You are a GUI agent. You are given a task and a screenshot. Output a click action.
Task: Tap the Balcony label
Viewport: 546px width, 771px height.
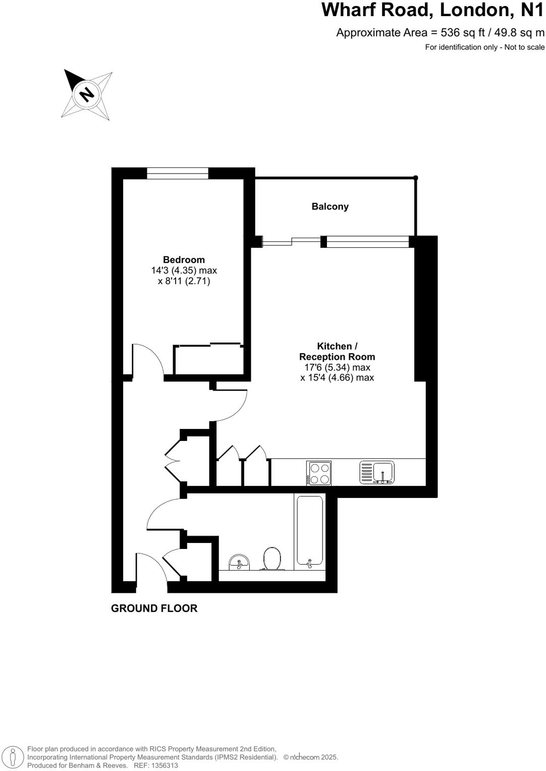[330, 206]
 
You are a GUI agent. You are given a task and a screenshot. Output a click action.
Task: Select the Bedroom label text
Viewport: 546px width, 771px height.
[184, 260]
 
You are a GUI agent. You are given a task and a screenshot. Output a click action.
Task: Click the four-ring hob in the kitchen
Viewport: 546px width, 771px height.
[318, 473]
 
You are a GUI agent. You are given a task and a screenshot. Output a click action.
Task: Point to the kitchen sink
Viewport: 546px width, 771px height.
[377, 473]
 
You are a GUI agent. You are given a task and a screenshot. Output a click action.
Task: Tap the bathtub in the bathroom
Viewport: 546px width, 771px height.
[309, 531]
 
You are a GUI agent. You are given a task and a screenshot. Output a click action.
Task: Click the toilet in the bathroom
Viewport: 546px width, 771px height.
[272, 558]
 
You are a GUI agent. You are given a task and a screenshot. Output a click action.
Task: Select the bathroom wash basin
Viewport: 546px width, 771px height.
[239, 562]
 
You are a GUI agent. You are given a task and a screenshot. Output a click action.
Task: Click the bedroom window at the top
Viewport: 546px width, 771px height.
[178, 173]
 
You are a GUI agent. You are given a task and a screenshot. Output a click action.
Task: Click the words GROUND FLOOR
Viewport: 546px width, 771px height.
[154, 609]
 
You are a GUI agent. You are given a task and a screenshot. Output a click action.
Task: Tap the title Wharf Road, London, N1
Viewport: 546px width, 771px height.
[433, 10]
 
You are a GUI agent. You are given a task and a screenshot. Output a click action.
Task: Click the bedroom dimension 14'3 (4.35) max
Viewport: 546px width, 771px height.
[184, 270]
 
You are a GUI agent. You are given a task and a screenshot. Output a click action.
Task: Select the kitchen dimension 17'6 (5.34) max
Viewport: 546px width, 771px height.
[337, 367]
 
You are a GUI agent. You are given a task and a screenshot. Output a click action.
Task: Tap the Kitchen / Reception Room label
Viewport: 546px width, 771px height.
[337, 351]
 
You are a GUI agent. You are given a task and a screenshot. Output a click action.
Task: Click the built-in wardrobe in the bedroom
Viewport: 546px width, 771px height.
[208, 360]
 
